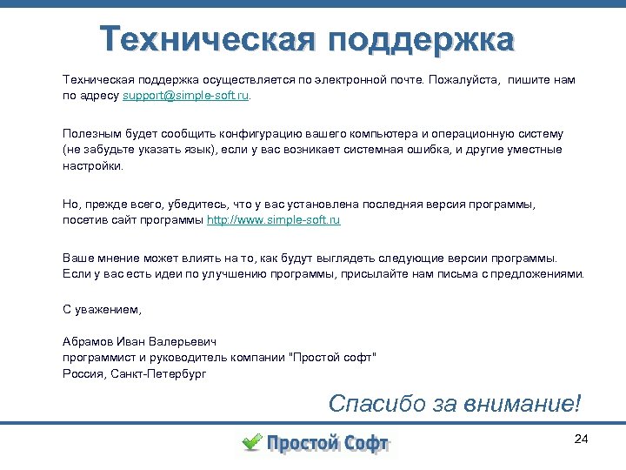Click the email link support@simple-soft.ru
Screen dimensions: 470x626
[185, 96]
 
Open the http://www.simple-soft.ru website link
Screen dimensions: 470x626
[273, 220]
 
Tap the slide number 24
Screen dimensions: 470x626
[582, 439]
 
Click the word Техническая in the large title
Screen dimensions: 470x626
[204, 38]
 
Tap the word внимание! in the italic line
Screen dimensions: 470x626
[525, 404]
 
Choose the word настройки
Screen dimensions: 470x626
[92, 165]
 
